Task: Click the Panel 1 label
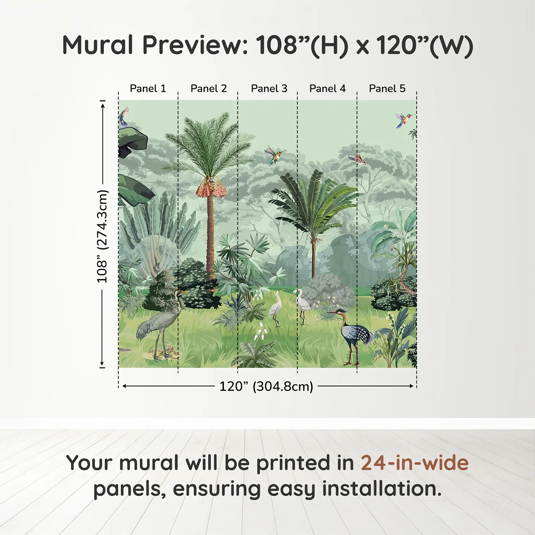148,89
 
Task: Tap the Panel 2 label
209,89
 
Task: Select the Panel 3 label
269,89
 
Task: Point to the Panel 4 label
327,89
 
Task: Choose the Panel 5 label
387,89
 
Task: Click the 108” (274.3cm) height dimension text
102,236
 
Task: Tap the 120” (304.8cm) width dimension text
266,386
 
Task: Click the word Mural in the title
98,45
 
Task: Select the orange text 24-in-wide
415,463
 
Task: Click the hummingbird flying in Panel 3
274,155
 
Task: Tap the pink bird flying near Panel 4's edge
357,159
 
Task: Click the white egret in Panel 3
276,307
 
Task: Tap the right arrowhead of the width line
411,386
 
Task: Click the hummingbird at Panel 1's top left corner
123,117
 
